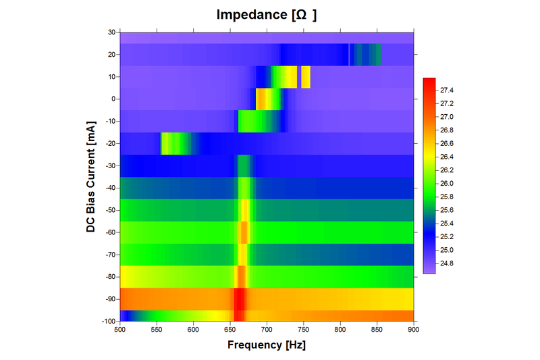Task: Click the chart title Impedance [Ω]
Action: tap(266, 14)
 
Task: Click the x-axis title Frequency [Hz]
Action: tap(267, 345)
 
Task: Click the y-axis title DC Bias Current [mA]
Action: tap(90, 177)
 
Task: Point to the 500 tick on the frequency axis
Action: tap(120, 330)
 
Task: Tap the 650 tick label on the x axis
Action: tap(230, 330)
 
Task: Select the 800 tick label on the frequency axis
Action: tap(340, 330)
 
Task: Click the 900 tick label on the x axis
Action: tap(414, 330)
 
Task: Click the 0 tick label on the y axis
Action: tap(113, 99)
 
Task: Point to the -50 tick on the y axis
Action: tap(109, 210)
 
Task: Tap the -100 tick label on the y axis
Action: tap(107, 322)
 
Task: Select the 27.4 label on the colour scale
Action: tap(448, 90)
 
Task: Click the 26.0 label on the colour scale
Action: tap(448, 183)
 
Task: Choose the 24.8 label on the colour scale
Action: tap(448, 263)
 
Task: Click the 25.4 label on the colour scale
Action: tap(448, 223)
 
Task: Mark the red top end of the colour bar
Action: tap(429, 82)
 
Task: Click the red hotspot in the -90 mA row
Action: tap(240, 299)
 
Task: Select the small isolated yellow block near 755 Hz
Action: tap(306, 77)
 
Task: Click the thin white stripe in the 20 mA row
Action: tap(349, 54)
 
